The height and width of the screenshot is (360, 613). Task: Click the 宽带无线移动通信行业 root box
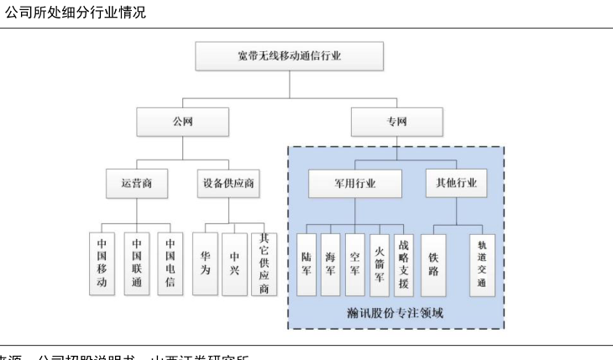289,56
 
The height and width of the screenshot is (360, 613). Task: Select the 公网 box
182,123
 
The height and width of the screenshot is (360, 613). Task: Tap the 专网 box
396,123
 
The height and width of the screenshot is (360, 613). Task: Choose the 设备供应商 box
228,182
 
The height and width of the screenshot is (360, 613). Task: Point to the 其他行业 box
457,182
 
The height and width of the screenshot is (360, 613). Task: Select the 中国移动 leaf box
102,263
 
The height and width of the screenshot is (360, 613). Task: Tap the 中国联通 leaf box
136,263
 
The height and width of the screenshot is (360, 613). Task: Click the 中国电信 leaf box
170,263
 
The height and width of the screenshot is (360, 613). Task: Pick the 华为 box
204,263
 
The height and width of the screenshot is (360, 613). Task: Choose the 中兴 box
236,263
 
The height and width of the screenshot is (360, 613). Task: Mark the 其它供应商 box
265,263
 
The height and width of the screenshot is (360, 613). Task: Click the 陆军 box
306,263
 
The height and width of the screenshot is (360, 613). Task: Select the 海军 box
331,263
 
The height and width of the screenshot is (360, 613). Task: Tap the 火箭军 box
380,263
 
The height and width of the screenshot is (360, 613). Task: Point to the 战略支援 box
404,263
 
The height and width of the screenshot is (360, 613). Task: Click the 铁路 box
434,263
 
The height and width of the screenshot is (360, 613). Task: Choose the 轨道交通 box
482,263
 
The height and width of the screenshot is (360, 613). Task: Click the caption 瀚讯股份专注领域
395,314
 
